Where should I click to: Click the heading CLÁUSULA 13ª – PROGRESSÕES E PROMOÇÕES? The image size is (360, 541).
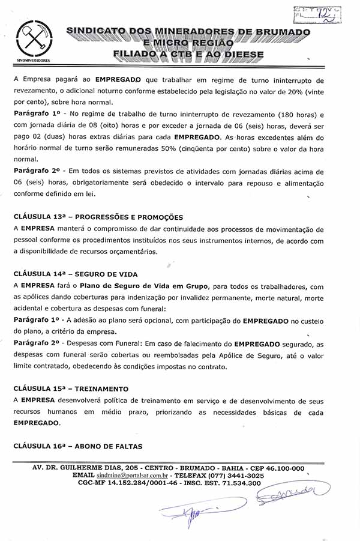(98, 217)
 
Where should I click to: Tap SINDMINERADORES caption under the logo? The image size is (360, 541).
(33, 61)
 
